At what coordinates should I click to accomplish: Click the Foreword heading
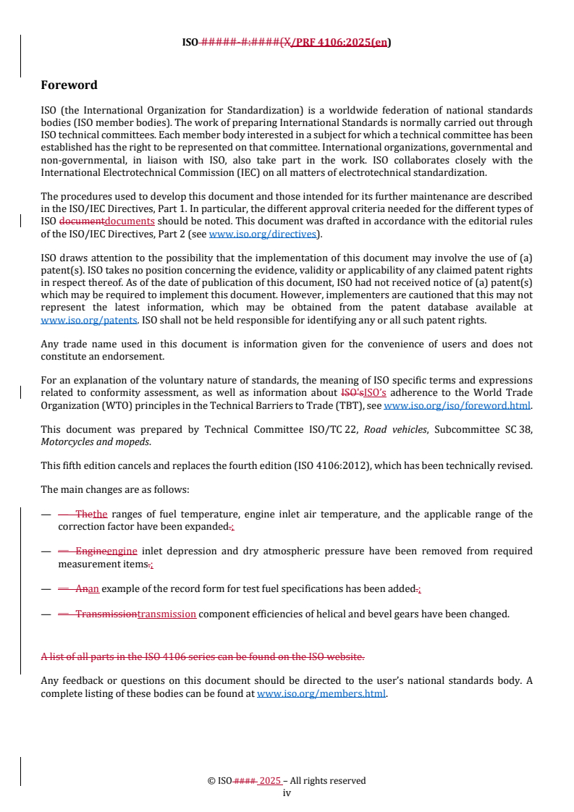click(69, 85)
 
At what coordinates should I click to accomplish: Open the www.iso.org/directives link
click(263, 234)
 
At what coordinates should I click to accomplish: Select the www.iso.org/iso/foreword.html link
click(457, 406)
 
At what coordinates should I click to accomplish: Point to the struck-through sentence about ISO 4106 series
click(203, 656)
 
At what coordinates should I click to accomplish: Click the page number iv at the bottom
click(287, 792)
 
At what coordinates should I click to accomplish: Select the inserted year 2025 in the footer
click(270, 781)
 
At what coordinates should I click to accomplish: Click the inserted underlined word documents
click(130, 221)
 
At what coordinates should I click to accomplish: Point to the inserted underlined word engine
click(122, 551)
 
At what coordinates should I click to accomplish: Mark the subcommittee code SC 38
click(516, 430)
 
